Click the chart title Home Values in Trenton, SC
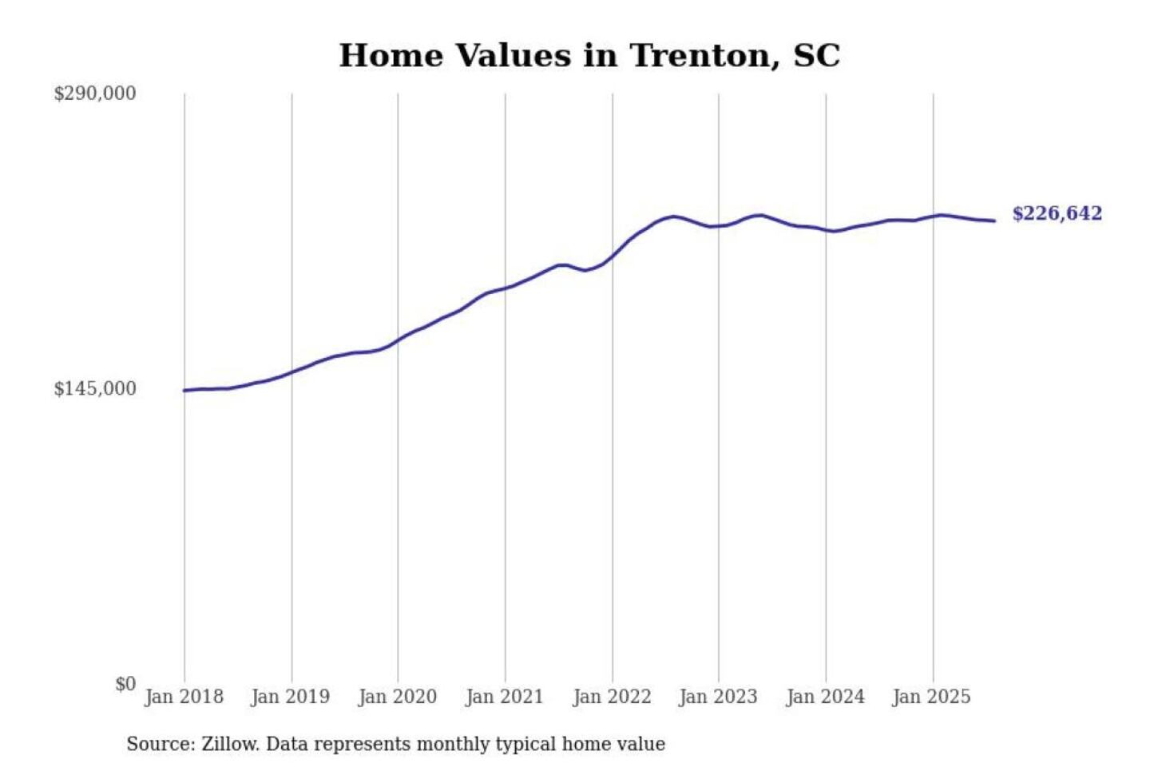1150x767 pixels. click(x=589, y=56)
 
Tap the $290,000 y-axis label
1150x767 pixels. click(x=94, y=93)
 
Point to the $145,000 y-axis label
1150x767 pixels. click(x=94, y=389)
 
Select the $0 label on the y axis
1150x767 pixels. click(x=125, y=684)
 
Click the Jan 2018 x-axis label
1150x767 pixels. click(x=184, y=697)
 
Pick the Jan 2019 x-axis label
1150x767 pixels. click(x=290, y=697)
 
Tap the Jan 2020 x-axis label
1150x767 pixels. click(x=397, y=697)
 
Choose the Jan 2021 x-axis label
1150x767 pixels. click(x=504, y=697)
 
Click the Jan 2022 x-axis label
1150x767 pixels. click(x=612, y=697)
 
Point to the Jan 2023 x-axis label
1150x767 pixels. click(x=718, y=697)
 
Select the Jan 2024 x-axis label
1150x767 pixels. click(x=825, y=697)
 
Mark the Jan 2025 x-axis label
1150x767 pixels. click(x=931, y=697)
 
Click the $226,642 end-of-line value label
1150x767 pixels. click(x=1057, y=213)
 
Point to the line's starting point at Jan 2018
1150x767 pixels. click(x=184, y=391)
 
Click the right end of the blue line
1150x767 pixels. click(x=994, y=221)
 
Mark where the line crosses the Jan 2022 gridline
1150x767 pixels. click(x=613, y=256)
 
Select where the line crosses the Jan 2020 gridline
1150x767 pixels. click(x=398, y=340)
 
